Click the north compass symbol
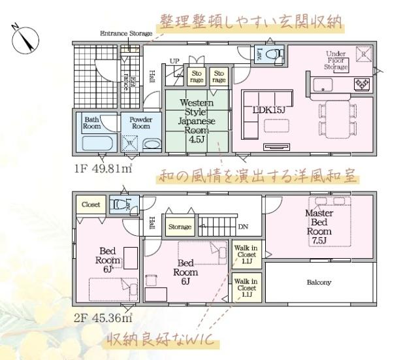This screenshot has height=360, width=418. coord(24,37)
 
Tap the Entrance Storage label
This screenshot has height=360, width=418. coord(125,33)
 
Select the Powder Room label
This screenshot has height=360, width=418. coord(140,123)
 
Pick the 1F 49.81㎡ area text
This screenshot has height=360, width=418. coord(104,169)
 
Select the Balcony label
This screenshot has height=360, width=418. coord(320,283)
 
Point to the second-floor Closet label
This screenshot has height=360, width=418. coord(91,205)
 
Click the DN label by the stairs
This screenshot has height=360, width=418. coord(242,227)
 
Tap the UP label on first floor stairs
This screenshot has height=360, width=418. coord(174,61)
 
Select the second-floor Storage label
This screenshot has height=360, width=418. coord(180,227)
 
